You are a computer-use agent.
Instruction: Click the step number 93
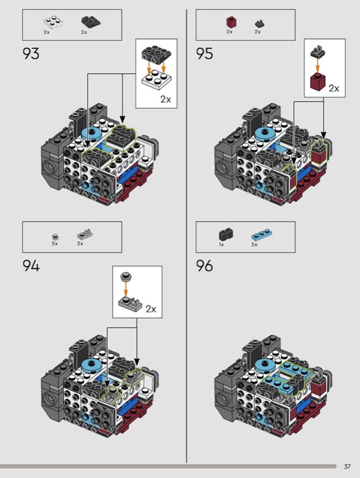point(31,54)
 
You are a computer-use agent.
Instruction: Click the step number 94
point(31,266)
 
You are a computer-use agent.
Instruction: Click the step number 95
point(205,54)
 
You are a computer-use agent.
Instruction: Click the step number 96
point(205,266)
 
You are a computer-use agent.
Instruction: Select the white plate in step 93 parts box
point(50,22)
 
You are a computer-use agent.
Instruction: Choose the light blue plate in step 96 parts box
point(259,234)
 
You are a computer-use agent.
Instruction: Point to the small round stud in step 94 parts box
point(55,235)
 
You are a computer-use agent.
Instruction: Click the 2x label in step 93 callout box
point(165,99)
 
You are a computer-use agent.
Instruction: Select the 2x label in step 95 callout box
point(334,88)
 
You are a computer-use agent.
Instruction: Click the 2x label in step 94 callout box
point(151,309)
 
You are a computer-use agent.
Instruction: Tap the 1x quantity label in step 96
point(221,244)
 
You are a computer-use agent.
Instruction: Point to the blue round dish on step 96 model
point(264,364)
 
